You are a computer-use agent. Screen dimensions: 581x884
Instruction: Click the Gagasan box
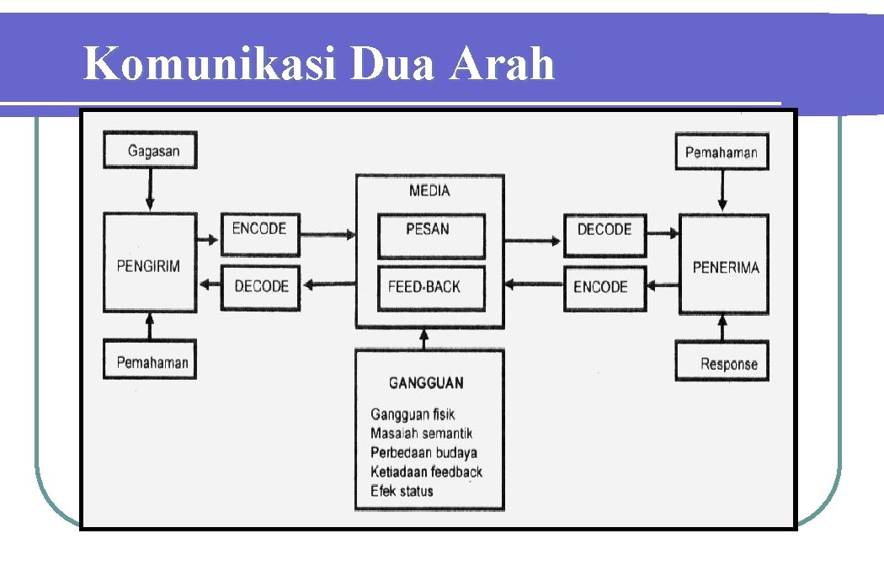click(149, 151)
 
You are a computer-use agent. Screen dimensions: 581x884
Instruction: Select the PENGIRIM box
click(149, 264)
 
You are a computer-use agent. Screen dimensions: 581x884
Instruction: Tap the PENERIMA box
click(724, 266)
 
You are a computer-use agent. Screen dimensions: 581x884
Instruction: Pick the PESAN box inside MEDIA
click(431, 235)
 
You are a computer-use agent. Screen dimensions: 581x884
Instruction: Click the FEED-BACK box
click(431, 287)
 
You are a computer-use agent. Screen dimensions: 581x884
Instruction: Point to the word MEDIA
click(429, 190)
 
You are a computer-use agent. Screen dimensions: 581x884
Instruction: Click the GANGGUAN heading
click(426, 382)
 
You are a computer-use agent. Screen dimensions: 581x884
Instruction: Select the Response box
click(722, 363)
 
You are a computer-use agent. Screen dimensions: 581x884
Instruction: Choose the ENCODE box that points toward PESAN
click(259, 233)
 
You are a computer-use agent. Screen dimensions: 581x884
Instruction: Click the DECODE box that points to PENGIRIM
click(261, 287)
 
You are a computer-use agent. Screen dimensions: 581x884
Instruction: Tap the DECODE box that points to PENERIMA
click(604, 234)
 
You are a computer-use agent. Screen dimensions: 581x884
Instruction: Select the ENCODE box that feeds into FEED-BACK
click(601, 288)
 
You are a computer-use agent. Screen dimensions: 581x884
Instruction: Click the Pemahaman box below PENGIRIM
click(150, 360)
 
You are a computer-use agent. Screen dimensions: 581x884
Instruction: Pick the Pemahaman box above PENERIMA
click(721, 152)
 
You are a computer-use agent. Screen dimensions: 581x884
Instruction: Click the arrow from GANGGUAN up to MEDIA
click(423, 338)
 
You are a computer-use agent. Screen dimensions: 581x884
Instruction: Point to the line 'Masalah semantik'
click(421, 433)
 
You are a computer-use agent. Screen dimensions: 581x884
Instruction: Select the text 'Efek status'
click(402, 491)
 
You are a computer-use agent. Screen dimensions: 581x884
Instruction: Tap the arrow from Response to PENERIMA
click(722, 327)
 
